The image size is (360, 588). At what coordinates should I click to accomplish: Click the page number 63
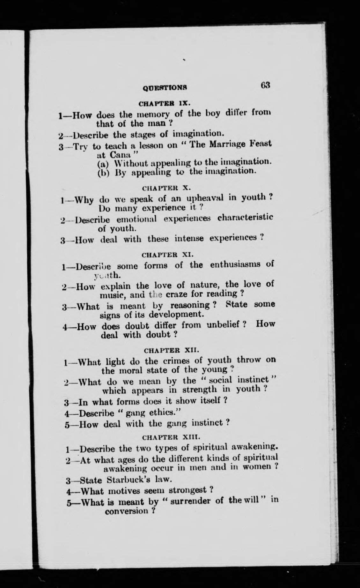pyautogui.click(x=265, y=86)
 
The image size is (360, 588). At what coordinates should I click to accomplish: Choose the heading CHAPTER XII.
pyautogui.click(x=172, y=350)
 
